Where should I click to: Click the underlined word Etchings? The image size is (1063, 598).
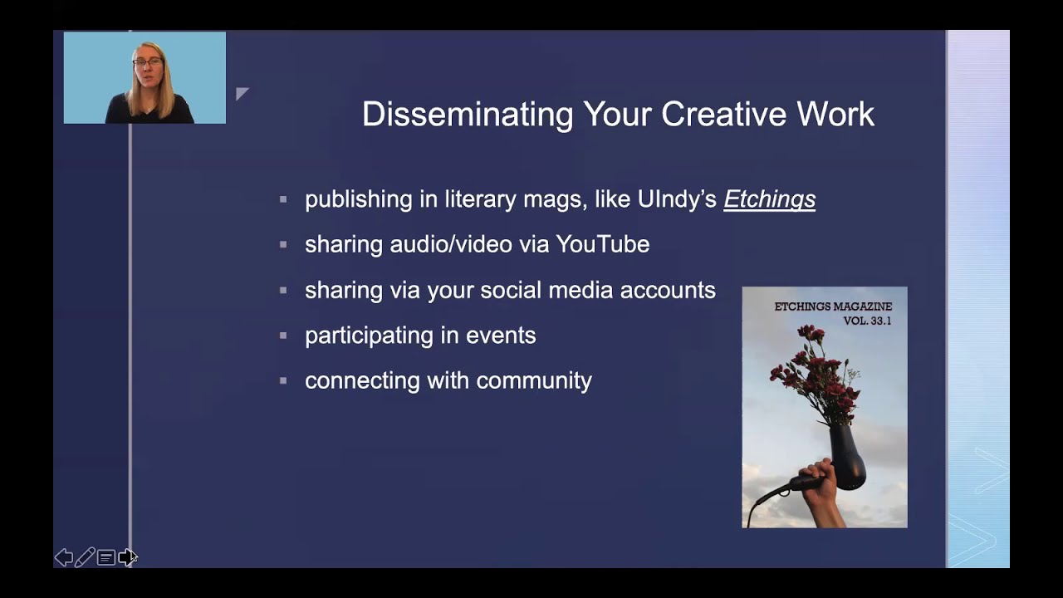click(769, 199)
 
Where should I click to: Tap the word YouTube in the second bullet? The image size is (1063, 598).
click(602, 244)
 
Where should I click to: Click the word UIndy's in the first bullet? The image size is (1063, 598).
click(677, 199)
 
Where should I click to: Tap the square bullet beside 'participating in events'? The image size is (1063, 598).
click(283, 336)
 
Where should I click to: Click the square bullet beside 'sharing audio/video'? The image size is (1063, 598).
click(283, 245)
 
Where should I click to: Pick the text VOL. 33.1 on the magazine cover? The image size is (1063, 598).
click(866, 321)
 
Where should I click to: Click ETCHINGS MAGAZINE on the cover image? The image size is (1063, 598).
click(833, 306)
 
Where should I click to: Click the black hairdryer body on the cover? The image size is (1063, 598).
click(847, 457)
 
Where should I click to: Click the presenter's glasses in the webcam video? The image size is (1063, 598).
click(147, 62)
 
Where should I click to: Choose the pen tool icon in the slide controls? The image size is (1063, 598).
click(85, 557)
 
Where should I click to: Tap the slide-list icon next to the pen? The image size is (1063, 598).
click(105, 557)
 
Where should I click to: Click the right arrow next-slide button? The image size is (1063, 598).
click(126, 557)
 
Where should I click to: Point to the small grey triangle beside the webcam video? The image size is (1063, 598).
click(241, 93)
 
